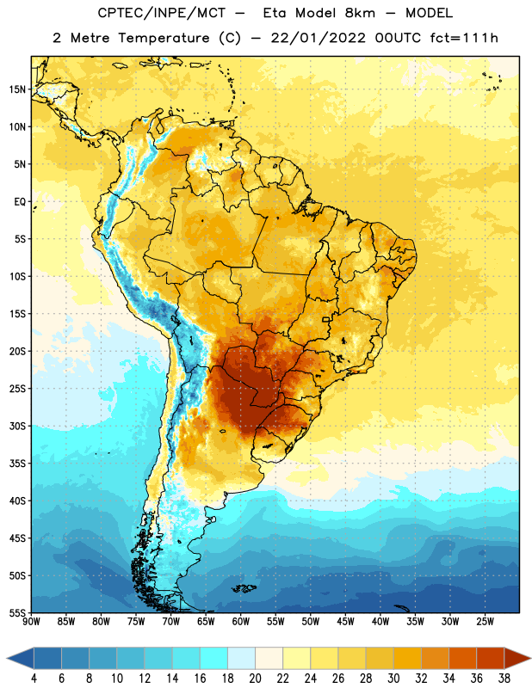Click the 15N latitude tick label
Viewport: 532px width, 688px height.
[x=17, y=89]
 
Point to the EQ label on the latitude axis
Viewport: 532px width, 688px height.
[x=20, y=202]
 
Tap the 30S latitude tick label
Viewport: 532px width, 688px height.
[x=17, y=426]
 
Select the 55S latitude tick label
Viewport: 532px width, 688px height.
[x=17, y=612]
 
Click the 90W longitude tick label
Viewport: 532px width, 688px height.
[x=31, y=622]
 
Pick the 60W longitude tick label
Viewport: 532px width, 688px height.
[x=241, y=622]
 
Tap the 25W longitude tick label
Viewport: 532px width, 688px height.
[x=485, y=622]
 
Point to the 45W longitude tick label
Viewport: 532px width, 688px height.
[x=345, y=622]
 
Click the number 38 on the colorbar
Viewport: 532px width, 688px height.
[x=504, y=679]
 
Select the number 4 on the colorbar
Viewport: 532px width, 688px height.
[x=34, y=679]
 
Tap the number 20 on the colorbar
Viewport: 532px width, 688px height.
[x=255, y=679]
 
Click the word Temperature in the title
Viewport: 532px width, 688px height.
[x=164, y=38]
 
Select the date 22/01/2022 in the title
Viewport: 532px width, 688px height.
[x=318, y=38]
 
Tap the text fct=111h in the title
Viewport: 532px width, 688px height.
[x=464, y=38]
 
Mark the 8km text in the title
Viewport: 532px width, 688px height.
[x=360, y=13]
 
